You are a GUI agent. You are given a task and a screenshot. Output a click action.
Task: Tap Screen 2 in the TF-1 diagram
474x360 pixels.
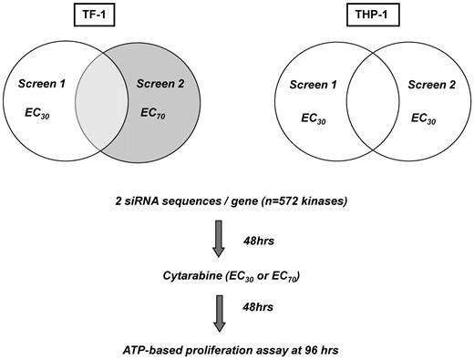coord(159,84)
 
